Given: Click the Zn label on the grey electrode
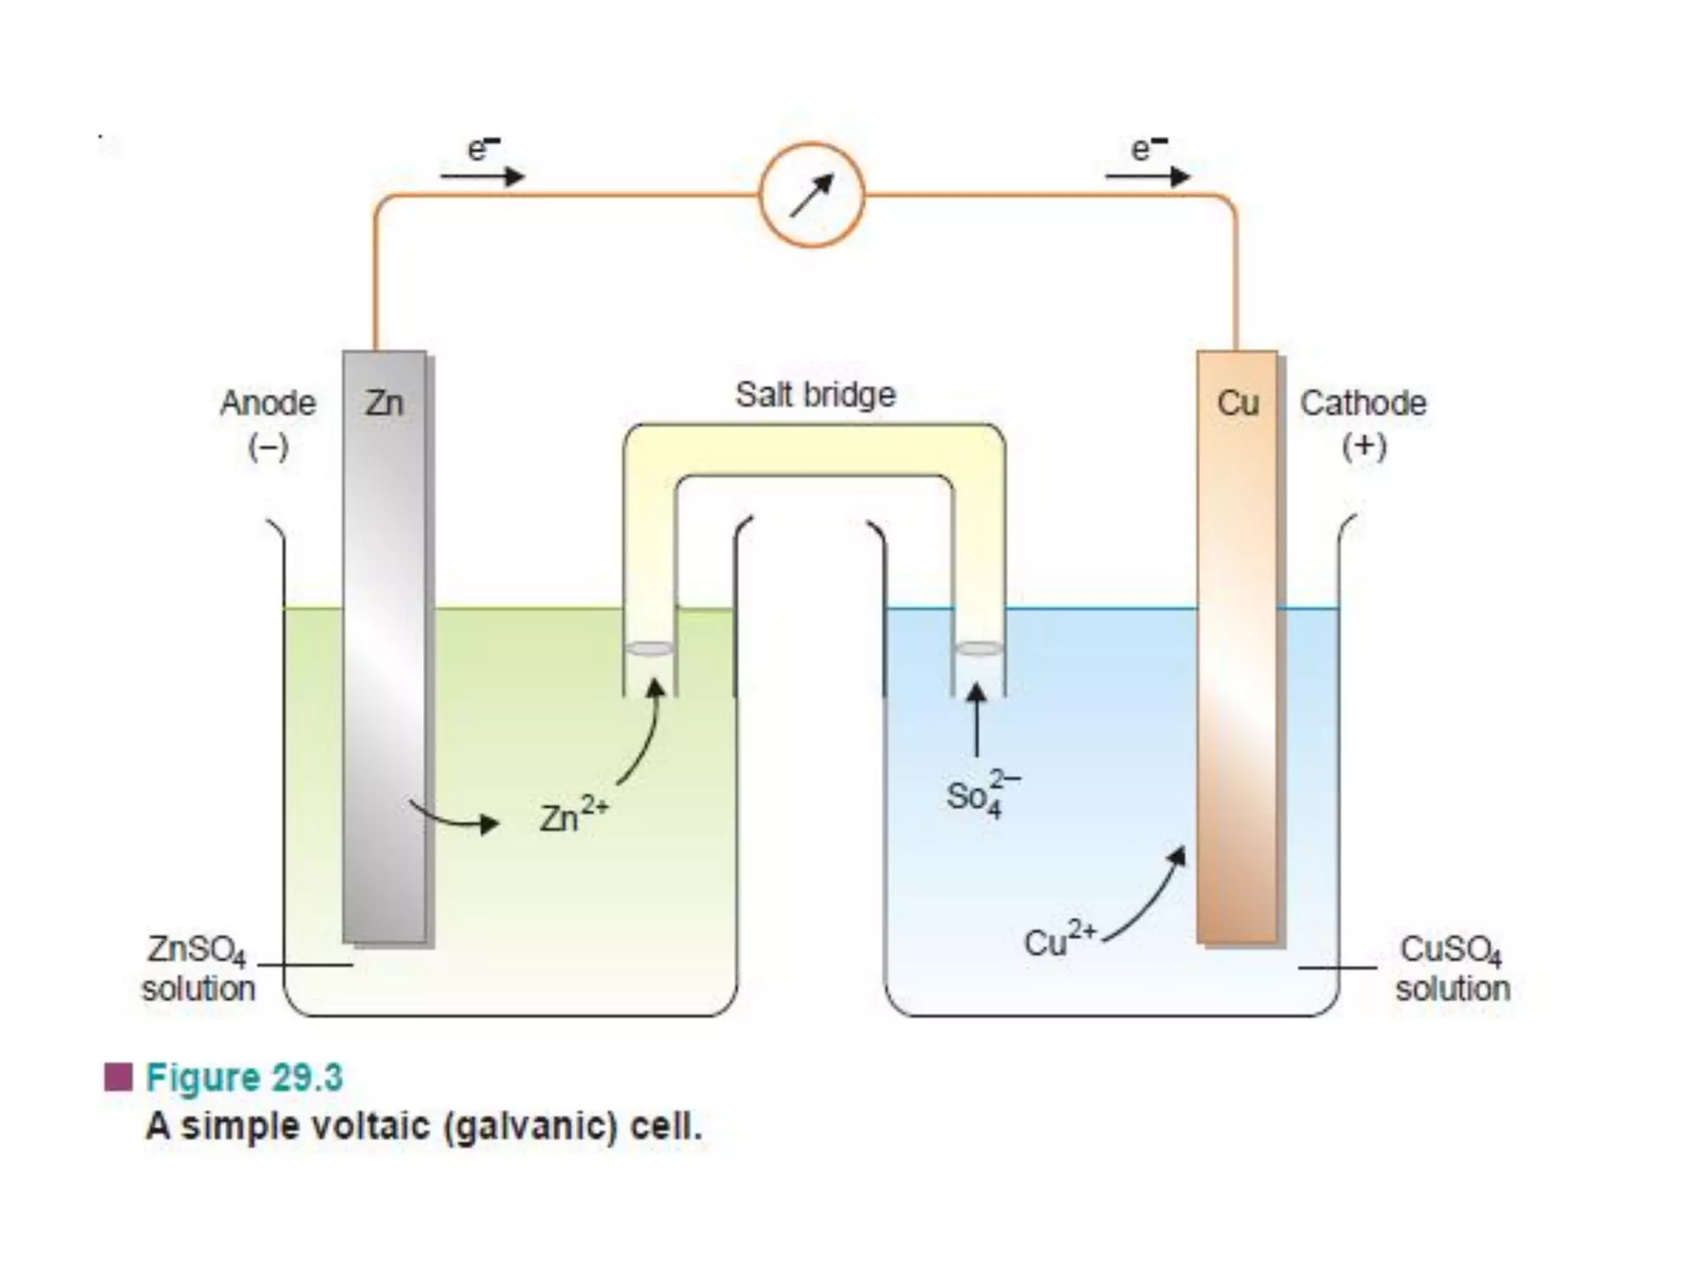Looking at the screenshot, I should pyautogui.click(x=384, y=403).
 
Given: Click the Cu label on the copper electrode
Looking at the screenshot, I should pyautogui.click(x=1237, y=403).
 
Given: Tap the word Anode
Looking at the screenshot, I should pyautogui.click(x=268, y=403).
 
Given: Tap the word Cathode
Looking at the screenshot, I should pyautogui.click(x=1363, y=403).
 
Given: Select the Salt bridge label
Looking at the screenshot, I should pyautogui.click(x=815, y=394).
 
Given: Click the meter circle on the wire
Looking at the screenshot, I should pyautogui.click(x=812, y=195).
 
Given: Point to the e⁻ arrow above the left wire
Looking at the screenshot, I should pyautogui.click(x=482, y=176).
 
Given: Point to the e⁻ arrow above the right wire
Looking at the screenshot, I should pyautogui.click(x=1147, y=176).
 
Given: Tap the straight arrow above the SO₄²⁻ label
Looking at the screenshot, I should pyautogui.click(x=977, y=720).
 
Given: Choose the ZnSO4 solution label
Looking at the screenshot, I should pyautogui.click(x=198, y=968).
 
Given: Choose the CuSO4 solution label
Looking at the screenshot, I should pyautogui.click(x=1452, y=968).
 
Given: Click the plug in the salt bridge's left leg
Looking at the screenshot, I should pyautogui.click(x=649, y=649).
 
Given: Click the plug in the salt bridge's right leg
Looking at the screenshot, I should pyautogui.click(x=978, y=649).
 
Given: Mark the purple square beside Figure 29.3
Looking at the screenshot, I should pyautogui.click(x=119, y=1076).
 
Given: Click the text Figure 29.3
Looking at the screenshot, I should pyautogui.click(x=244, y=1077).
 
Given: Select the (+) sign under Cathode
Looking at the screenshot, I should pyautogui.click(x=1364, y=446).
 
